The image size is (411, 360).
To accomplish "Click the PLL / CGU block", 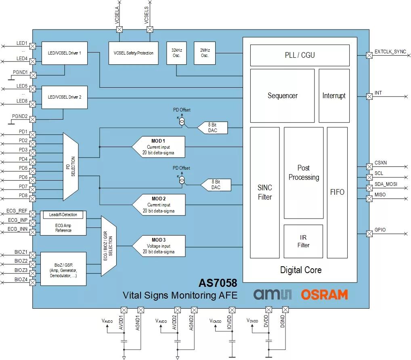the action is pyautogui.click(x=300, y=55).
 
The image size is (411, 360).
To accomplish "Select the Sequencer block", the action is pyautogui.click(x=282, y=96).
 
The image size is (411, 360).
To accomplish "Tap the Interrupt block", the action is pyautogui.click(x=334, y=96).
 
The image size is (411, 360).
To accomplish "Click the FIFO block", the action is pyautogui.click(x=338, y=193).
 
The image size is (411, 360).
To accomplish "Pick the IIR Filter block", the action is pyautogui.click(x=303, y=241).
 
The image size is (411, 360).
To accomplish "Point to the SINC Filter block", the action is pyautogui.click(x=265, y=193).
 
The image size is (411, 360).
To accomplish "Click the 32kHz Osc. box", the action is pyautogui.click(x=176, y=53).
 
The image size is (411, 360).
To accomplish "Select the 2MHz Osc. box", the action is pyautogui.click(x=205, y=53).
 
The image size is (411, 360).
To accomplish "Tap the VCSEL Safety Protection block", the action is pyautogui.click(x=133, y=53).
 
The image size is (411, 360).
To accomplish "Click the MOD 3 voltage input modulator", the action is pyautogui.click(x=159, y=246).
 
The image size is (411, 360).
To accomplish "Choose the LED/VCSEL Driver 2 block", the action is pyautogui.click(x=65, y=97).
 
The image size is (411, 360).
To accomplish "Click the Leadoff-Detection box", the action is pyautogui.click(x=63, y=215).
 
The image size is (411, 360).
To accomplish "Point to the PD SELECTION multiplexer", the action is pyautogui.click(x=71, y=166).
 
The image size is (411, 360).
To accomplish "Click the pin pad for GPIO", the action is pyautogui.click(x=369, y=234).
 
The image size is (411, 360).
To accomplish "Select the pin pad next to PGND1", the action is pyautogui.click(x=33, y=75).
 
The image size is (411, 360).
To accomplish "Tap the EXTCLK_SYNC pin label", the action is pyautogui.click(x=390, y=52).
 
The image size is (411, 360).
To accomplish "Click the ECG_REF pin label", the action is pyautogui.click(x=17, y=211).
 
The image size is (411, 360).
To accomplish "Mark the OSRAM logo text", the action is pyautogui.click(x=325, y=295).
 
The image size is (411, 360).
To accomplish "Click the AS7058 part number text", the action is pyautogui.click(x=218, y=283).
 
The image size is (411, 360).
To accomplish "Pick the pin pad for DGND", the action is pyautogui.click(x=285, y=309).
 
